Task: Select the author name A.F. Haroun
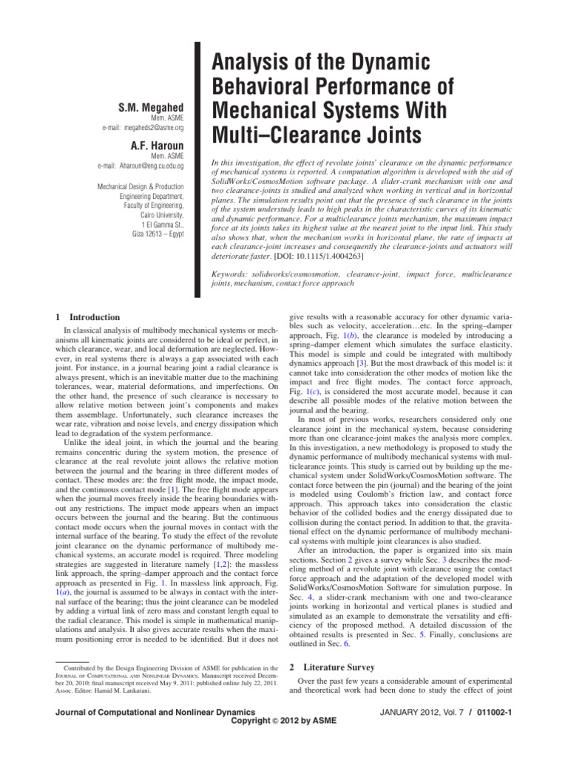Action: (x=157, y=145)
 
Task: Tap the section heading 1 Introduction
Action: (x=82, y=317)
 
